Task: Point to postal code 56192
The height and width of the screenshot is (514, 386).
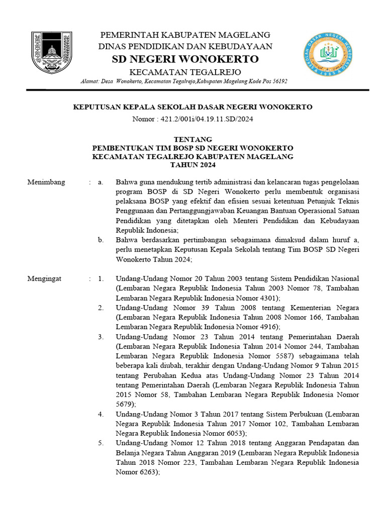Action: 276,82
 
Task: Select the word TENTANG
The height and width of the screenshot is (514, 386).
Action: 192,139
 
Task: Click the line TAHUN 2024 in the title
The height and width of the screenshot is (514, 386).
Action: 192,165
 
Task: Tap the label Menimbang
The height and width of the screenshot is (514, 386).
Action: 46,182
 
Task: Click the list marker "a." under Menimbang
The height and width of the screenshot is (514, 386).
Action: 101,182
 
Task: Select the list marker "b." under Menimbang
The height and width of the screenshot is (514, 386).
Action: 101,240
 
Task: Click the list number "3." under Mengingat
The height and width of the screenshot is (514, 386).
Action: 101,336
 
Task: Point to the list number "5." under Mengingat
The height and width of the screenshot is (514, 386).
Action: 101,443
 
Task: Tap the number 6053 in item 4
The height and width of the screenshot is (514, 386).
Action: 233,432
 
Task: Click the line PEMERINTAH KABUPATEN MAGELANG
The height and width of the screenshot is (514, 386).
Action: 185,35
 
